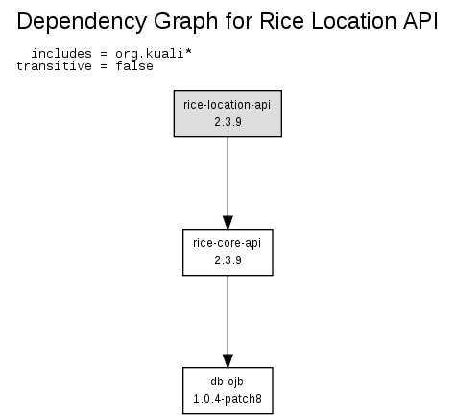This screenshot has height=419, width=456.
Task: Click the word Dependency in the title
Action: [x=82, y=22]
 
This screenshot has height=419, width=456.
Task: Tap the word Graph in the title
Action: [x=186, y=22]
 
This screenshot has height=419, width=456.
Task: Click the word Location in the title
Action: [x=353, y=21]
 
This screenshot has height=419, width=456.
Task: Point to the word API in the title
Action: [x=420, y=21]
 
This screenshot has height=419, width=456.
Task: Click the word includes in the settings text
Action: [x=61, y=54]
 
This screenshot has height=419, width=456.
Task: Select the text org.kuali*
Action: [x=154, y=54]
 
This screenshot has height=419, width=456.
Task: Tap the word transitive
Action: [x=54, y=66]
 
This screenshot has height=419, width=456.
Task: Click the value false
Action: [x=134, y=66]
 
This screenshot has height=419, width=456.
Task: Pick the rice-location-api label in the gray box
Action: [x=227, y=105]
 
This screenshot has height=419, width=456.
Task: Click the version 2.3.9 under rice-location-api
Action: [x=228, y=122]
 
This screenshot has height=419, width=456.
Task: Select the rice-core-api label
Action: [x=227, y=243]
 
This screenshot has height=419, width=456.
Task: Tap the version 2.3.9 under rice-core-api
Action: [x=228, y=260]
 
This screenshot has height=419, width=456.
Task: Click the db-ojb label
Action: [x=227, y=382]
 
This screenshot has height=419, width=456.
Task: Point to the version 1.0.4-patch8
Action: [x=228, y=399]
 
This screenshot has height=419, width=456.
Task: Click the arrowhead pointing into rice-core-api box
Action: [x=228, y=223]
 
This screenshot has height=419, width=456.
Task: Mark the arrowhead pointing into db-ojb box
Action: [x=228, y=361]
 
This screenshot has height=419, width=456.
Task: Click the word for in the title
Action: [x=239, y=21]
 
